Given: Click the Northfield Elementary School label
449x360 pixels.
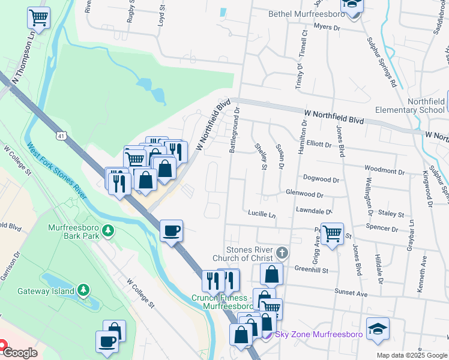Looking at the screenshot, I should [409, 106].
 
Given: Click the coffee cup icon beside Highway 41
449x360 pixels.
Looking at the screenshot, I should [171, 230].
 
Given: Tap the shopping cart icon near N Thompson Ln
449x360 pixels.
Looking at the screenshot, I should [38, 18].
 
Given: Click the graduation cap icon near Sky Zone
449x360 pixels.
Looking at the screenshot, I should [378, 329].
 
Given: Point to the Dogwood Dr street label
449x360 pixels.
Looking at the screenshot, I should [321, 179].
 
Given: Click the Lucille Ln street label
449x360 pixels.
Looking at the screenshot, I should [261, 214].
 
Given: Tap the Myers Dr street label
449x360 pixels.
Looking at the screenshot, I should [327, 28].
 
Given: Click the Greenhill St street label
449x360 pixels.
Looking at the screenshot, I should [312, 271].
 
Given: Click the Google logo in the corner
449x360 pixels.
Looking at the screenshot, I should [20, 353].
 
